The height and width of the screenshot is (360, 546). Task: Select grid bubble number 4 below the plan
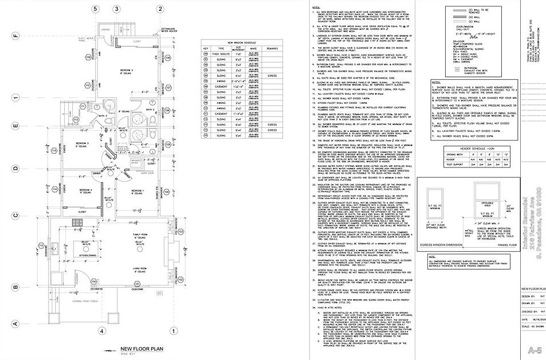[x=101, y=331]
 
